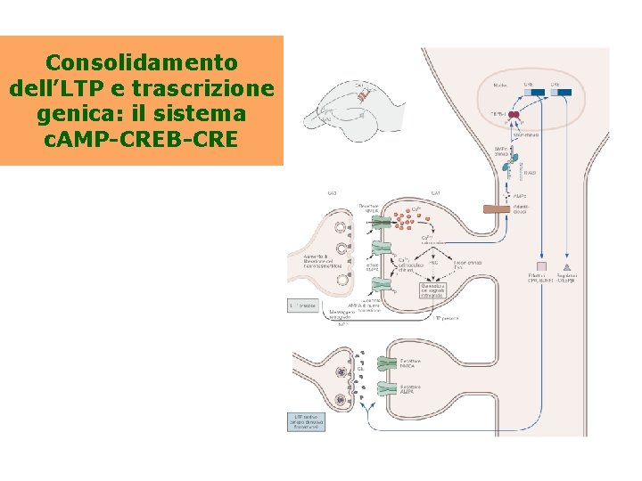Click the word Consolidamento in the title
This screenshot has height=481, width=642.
[x=142, y=62]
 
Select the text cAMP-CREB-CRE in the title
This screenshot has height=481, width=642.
[x=142, y=140]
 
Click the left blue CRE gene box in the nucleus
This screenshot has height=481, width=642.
[x=528, y=92]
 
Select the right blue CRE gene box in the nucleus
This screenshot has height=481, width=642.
[x=561, y=92]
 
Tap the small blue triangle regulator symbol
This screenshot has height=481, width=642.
[x=567, y=266]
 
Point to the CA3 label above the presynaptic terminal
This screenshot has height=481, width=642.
[x=332, y=193]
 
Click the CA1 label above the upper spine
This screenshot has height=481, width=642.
[x=435, y=193]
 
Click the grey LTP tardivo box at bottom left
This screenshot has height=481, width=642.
[x=305, y=420]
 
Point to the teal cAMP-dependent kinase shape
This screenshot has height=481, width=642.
[x=514, y=163]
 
